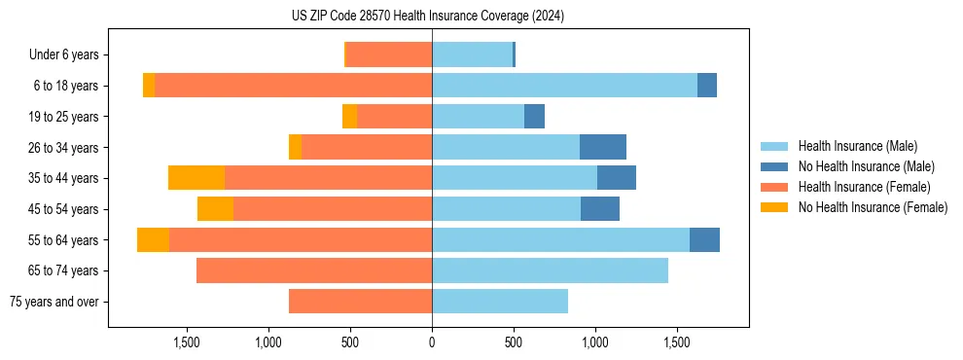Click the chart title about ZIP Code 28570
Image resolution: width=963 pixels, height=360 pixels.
[428, 16]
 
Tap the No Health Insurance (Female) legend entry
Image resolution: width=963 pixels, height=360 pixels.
[873, 207]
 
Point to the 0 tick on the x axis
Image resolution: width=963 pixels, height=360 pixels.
[432, 342]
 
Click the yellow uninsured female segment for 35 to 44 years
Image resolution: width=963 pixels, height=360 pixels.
[196, 178]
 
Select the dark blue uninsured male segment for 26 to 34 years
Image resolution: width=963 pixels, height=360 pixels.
[603, 147]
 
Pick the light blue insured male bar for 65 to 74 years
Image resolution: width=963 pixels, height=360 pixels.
[550, 270]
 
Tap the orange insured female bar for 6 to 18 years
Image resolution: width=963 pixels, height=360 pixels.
[293, 86]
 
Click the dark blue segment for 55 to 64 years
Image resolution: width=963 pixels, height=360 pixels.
[704, 239]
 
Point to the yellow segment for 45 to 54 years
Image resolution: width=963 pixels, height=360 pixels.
[215, 209]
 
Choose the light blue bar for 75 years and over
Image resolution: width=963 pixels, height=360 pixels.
[500, 302]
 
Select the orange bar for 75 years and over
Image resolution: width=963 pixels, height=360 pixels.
[360, 302]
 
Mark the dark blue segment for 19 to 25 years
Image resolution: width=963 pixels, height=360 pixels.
[534, 117]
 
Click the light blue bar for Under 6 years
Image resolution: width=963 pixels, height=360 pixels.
[472, 55]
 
